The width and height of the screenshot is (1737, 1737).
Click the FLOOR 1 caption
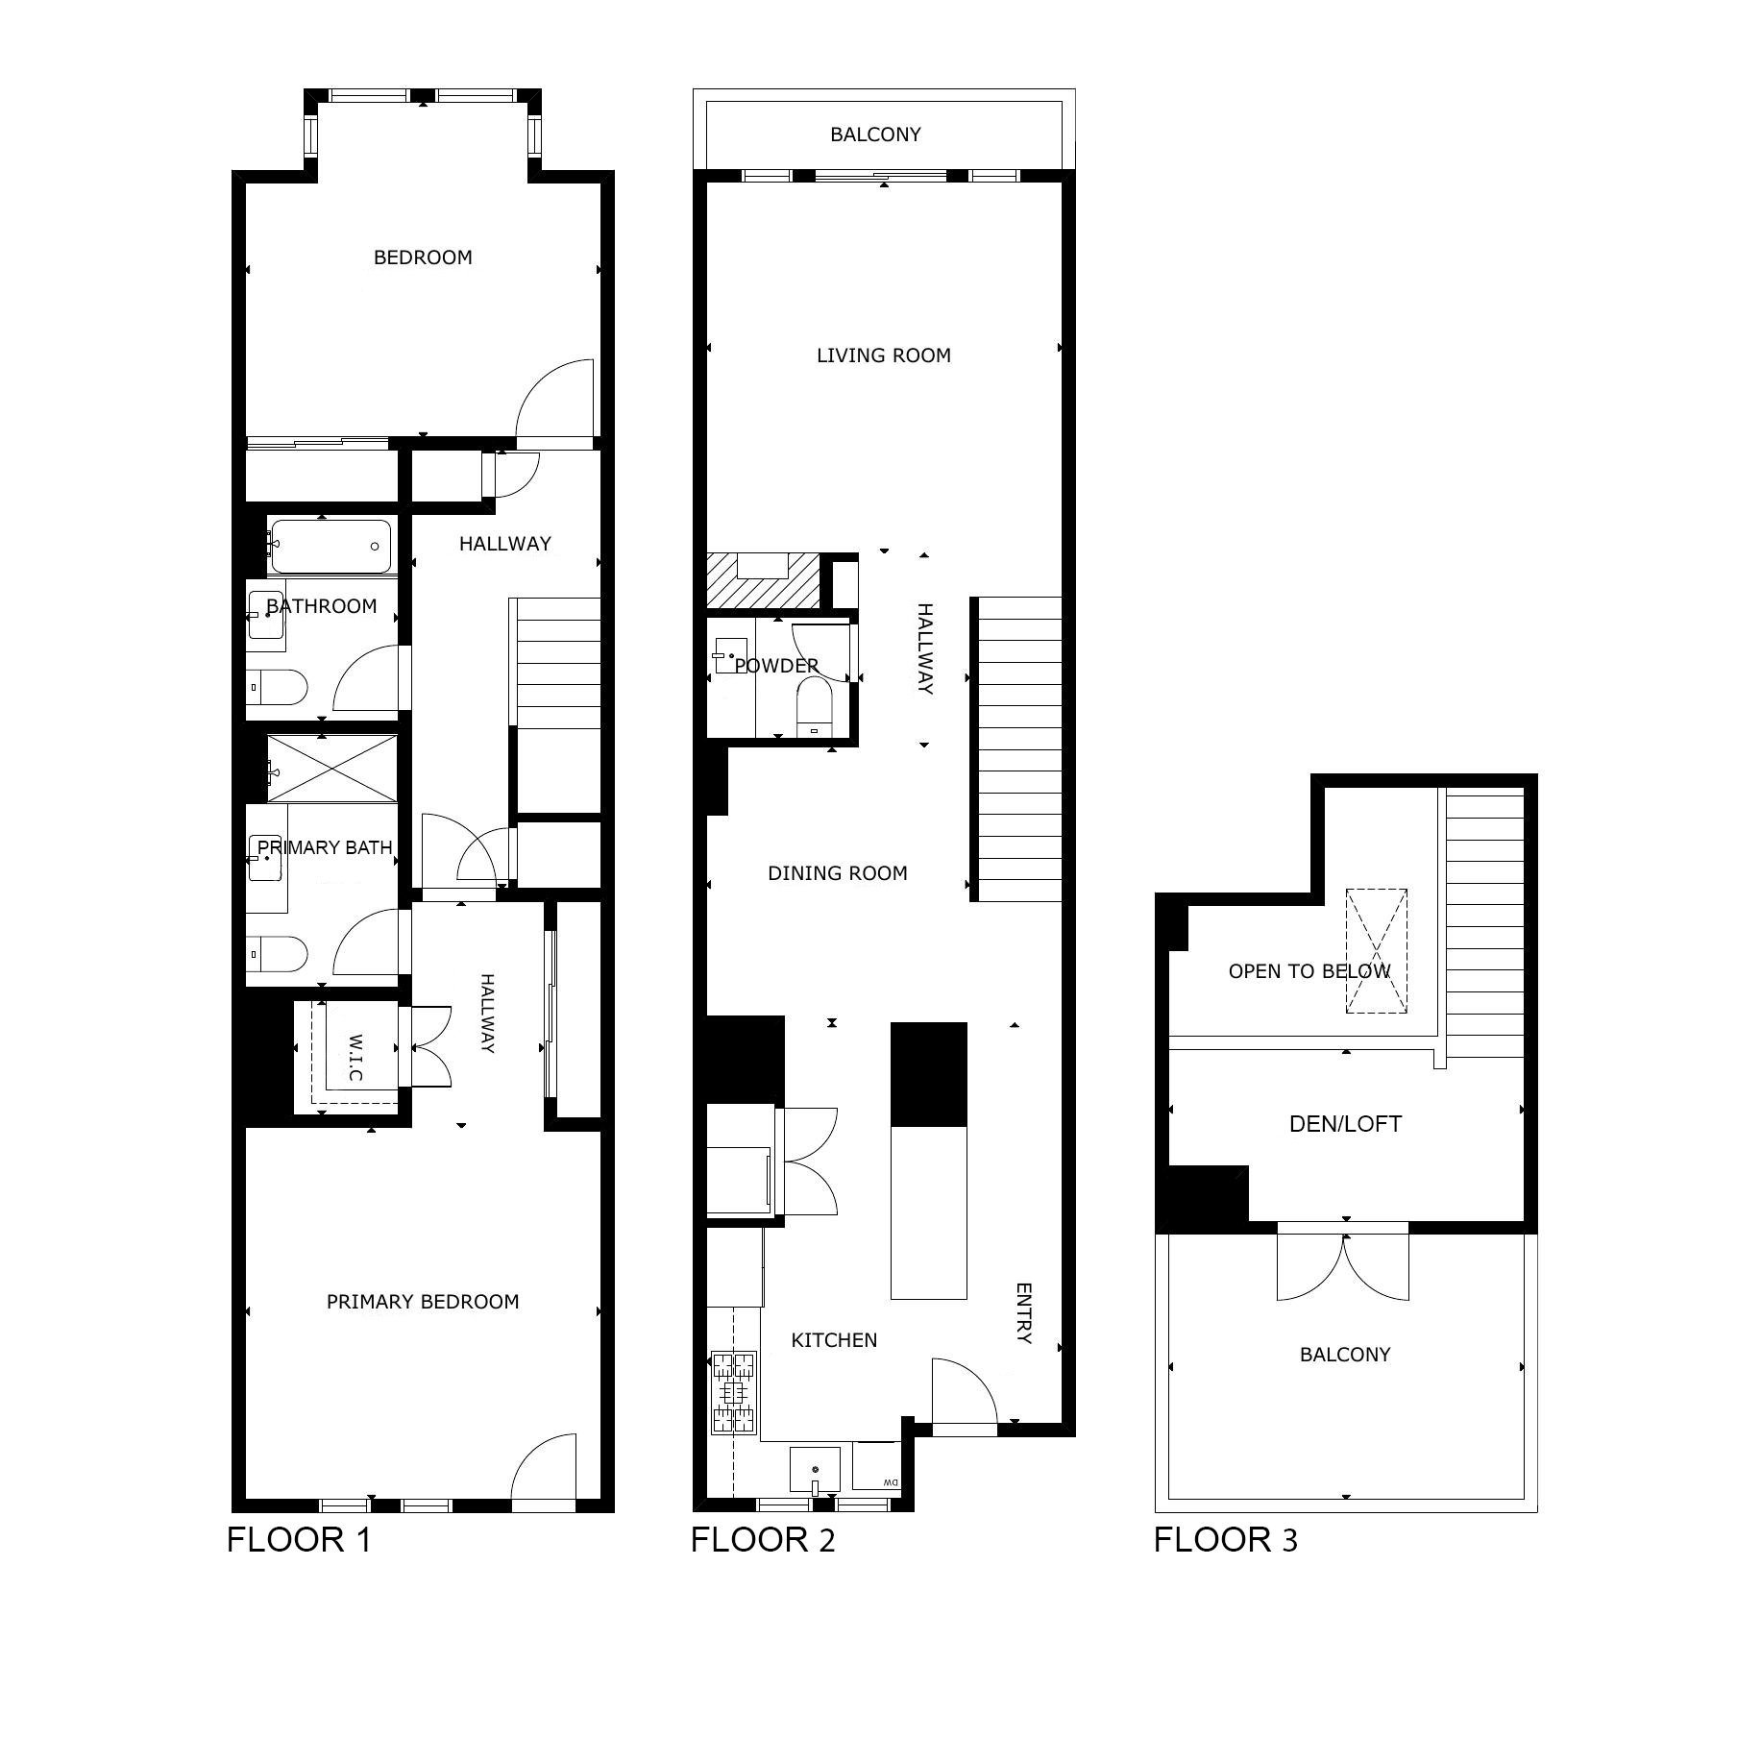coord(299,1539)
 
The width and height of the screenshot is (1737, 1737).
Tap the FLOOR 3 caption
coord(1225,1539)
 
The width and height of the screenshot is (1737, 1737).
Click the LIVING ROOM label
coord(884,355)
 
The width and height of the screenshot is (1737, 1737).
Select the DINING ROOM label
coord(838,873)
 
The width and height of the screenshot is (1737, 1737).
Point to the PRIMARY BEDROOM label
coord(423,1302)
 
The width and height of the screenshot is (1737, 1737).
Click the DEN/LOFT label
coord(1345,1124)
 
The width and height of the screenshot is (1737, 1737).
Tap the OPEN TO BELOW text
coord(1309,971)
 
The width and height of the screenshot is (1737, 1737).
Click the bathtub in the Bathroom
coord(330,546)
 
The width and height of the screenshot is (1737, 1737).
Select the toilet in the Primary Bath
coord(278,955)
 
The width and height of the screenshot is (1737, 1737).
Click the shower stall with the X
coord(331,768)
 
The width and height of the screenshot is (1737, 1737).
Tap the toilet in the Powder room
coord(815,707)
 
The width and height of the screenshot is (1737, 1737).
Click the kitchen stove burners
coord(734,1392)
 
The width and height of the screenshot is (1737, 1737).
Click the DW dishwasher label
coord(890,1482)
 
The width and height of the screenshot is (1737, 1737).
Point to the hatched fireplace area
coord(764,580)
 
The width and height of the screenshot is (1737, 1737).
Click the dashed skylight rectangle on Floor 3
coord(1376,951)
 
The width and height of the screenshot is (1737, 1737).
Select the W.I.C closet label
coord(355,1058)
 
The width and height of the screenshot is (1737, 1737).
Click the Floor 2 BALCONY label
coord(875,135)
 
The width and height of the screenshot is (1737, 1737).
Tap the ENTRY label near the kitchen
coord(1023,1313)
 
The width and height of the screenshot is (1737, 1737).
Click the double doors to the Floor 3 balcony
coord(1343,1266)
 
